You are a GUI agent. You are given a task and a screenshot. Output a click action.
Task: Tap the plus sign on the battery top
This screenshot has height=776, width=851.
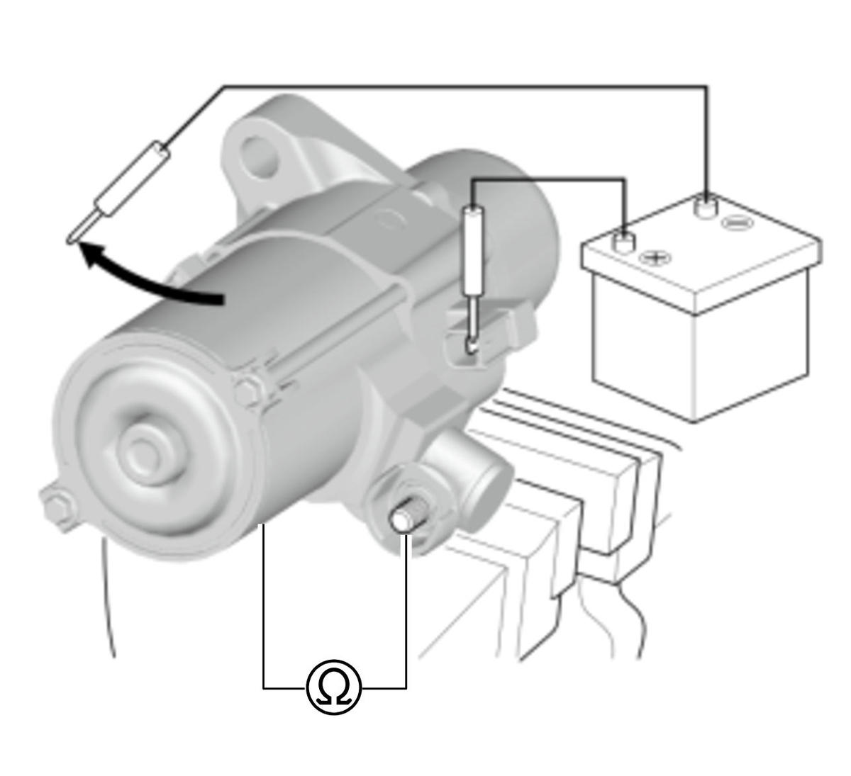point(655,257)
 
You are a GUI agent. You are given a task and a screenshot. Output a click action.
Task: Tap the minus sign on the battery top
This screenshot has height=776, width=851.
point(738,223)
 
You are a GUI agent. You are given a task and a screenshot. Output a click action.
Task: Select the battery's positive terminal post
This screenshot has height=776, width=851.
point(623,242)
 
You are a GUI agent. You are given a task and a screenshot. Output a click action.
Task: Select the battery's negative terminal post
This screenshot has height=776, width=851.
point(705,207)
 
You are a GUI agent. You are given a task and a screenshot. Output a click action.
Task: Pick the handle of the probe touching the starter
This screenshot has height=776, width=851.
point(474,250)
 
